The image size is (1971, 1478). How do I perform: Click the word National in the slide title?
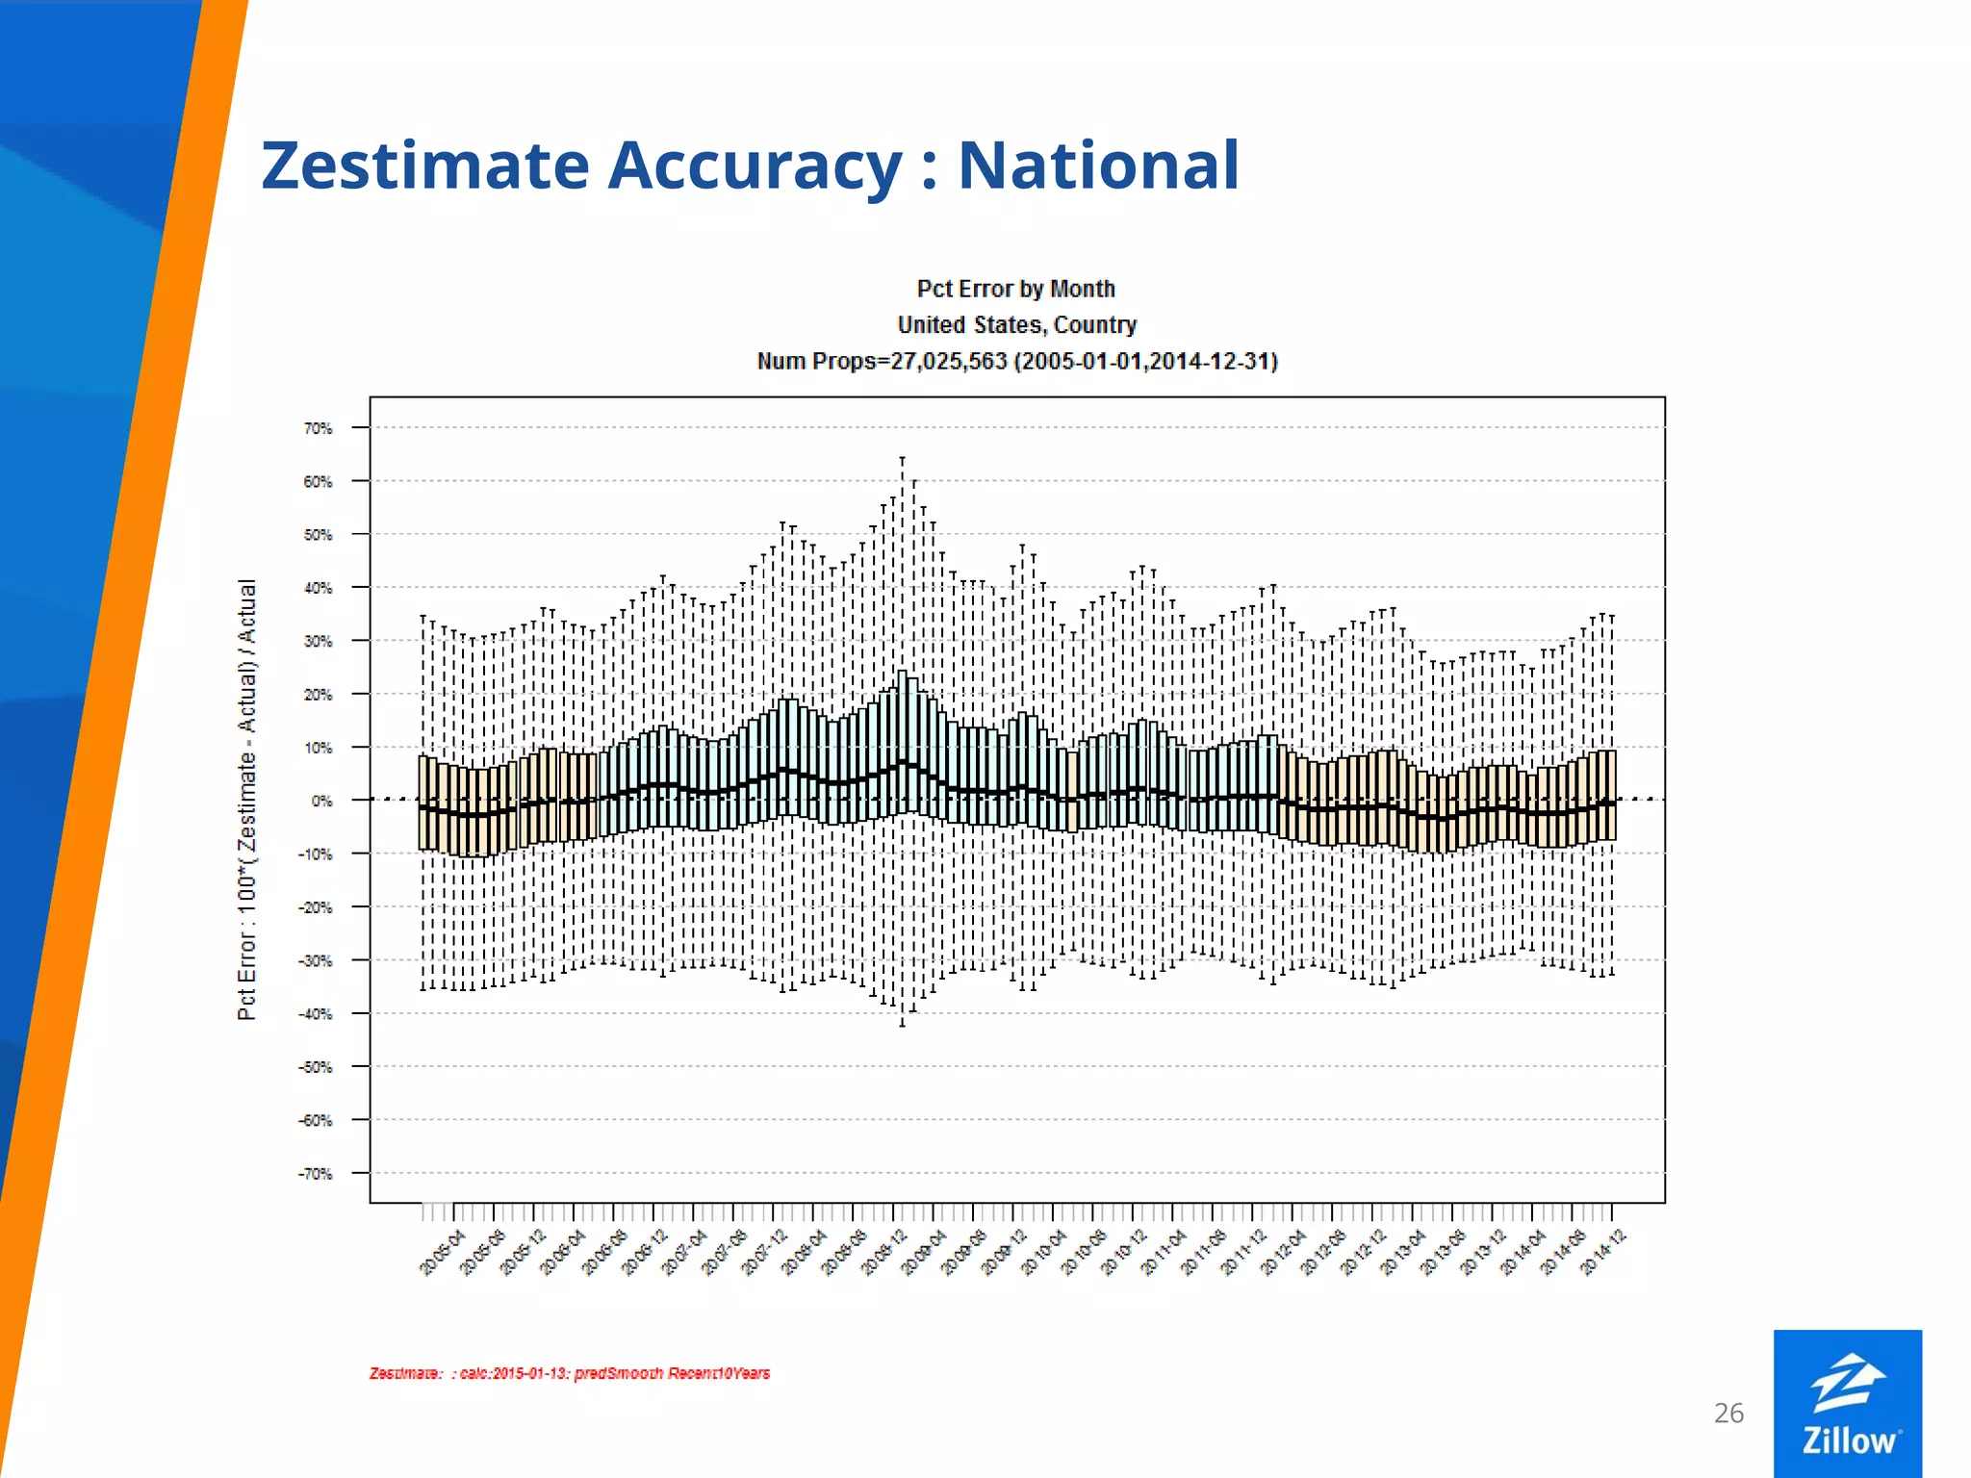[1098, 166]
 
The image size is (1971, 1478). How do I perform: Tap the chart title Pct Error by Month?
[1015, 289]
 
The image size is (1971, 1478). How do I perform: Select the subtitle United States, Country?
[1016, 325]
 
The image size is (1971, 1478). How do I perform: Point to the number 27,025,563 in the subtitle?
[948, 362]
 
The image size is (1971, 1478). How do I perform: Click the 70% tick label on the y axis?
[318, 428]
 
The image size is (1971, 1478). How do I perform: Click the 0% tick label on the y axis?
[321, 801]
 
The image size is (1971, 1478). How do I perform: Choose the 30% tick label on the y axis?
[318, 642]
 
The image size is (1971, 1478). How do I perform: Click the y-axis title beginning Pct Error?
[247, 799]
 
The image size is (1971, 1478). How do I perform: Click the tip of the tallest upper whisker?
[902, 459]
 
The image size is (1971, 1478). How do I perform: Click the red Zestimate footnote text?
[569, 1373]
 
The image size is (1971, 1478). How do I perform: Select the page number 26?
[1728, 1413]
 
